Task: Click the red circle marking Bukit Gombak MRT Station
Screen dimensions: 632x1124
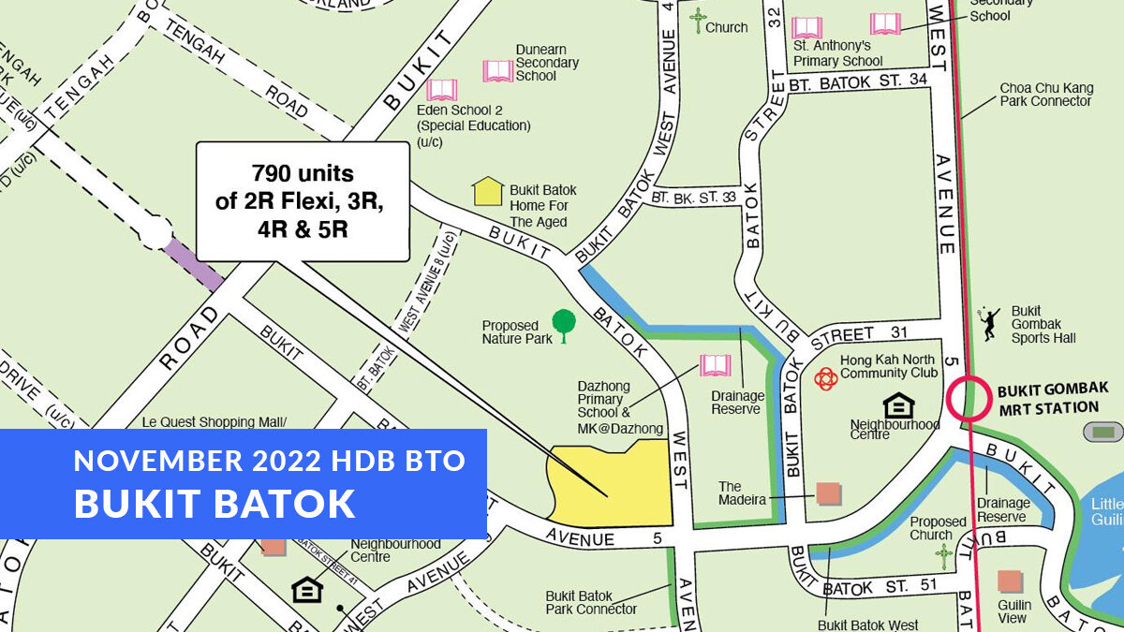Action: pyautogui.click(x=968, y=398)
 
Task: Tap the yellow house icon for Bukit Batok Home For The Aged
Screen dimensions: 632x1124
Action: pyautogui.click(x=488, y=191)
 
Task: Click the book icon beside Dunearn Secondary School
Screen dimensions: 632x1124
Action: pyautogui.click(x=498, y=70)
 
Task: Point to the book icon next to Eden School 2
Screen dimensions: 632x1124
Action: pyautogui.click(x=441, y=90)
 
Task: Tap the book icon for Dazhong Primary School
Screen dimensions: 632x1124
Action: pyautogui.click(x=716, y=365)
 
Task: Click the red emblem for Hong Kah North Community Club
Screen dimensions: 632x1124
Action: pyautogui.click(x=825, y=377)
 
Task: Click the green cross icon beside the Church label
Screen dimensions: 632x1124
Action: pyautogui.click(x=697, y=21)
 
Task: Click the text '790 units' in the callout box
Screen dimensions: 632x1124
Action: pyautogui.click(x=303, y=173)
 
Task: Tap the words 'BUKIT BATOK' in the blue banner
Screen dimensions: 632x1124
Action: pyautogui.click(x=214, y=503)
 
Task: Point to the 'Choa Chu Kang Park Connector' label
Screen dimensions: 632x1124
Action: pyautogui.click(x=1046, y=95)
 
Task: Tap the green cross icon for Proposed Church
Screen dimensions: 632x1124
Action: pyautogui.click(x=944, y=556)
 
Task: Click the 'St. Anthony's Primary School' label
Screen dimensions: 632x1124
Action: pyautogui.click(x=838, y=53)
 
